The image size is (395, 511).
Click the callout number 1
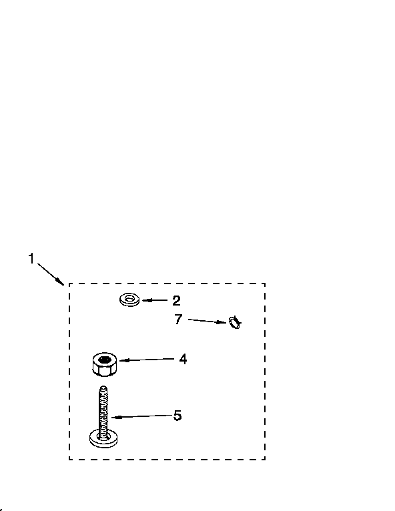[x=31, y=258]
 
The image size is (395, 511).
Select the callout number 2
[x=176, y=300]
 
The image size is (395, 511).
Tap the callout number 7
[x=178, y=319]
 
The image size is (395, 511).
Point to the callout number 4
[x=183, y=359]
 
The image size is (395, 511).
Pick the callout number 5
[x=177, y=416]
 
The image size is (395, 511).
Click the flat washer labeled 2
[x=129, y=300]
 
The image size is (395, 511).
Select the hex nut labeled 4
[x=105, y=364]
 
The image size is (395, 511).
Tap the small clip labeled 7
[x=235, y=323]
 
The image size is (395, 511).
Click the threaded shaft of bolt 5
[x=103, y=412]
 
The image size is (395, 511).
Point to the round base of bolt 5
[x=103, y=441]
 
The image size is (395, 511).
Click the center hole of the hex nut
[x=105, y=360]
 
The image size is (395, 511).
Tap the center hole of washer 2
[x=129, y=298]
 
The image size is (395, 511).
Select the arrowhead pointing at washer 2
[x=145, y=300]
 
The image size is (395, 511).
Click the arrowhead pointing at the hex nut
[x=123, y=360]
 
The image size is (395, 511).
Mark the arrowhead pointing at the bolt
[x=115, y=417]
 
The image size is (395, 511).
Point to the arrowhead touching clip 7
[x=224, y=322]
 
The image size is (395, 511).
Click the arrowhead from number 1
[x=60, y=282]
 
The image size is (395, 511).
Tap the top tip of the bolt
[x=103, y=387]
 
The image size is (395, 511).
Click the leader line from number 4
[x=147, y=360]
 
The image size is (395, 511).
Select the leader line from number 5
[x=141, y=416]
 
